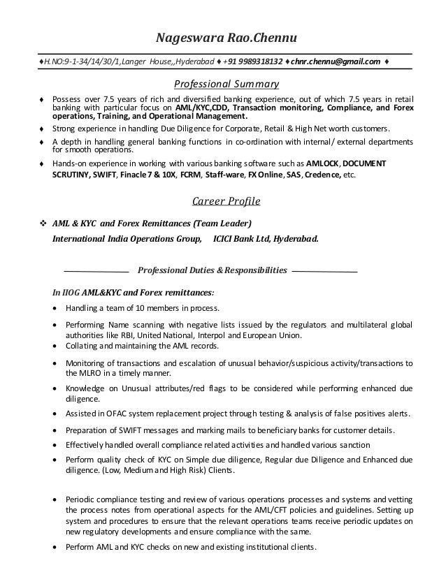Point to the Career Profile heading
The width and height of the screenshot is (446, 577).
tap(225, 202)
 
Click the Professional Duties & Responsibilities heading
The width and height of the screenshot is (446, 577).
tap(213, 270)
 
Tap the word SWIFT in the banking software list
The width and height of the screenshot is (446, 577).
tap(100, 174)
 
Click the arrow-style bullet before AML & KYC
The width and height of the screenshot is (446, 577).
tap(43, 224)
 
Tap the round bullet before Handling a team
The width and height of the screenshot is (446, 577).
tap(56, 308)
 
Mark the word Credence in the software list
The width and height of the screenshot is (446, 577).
tap(321, 174)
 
